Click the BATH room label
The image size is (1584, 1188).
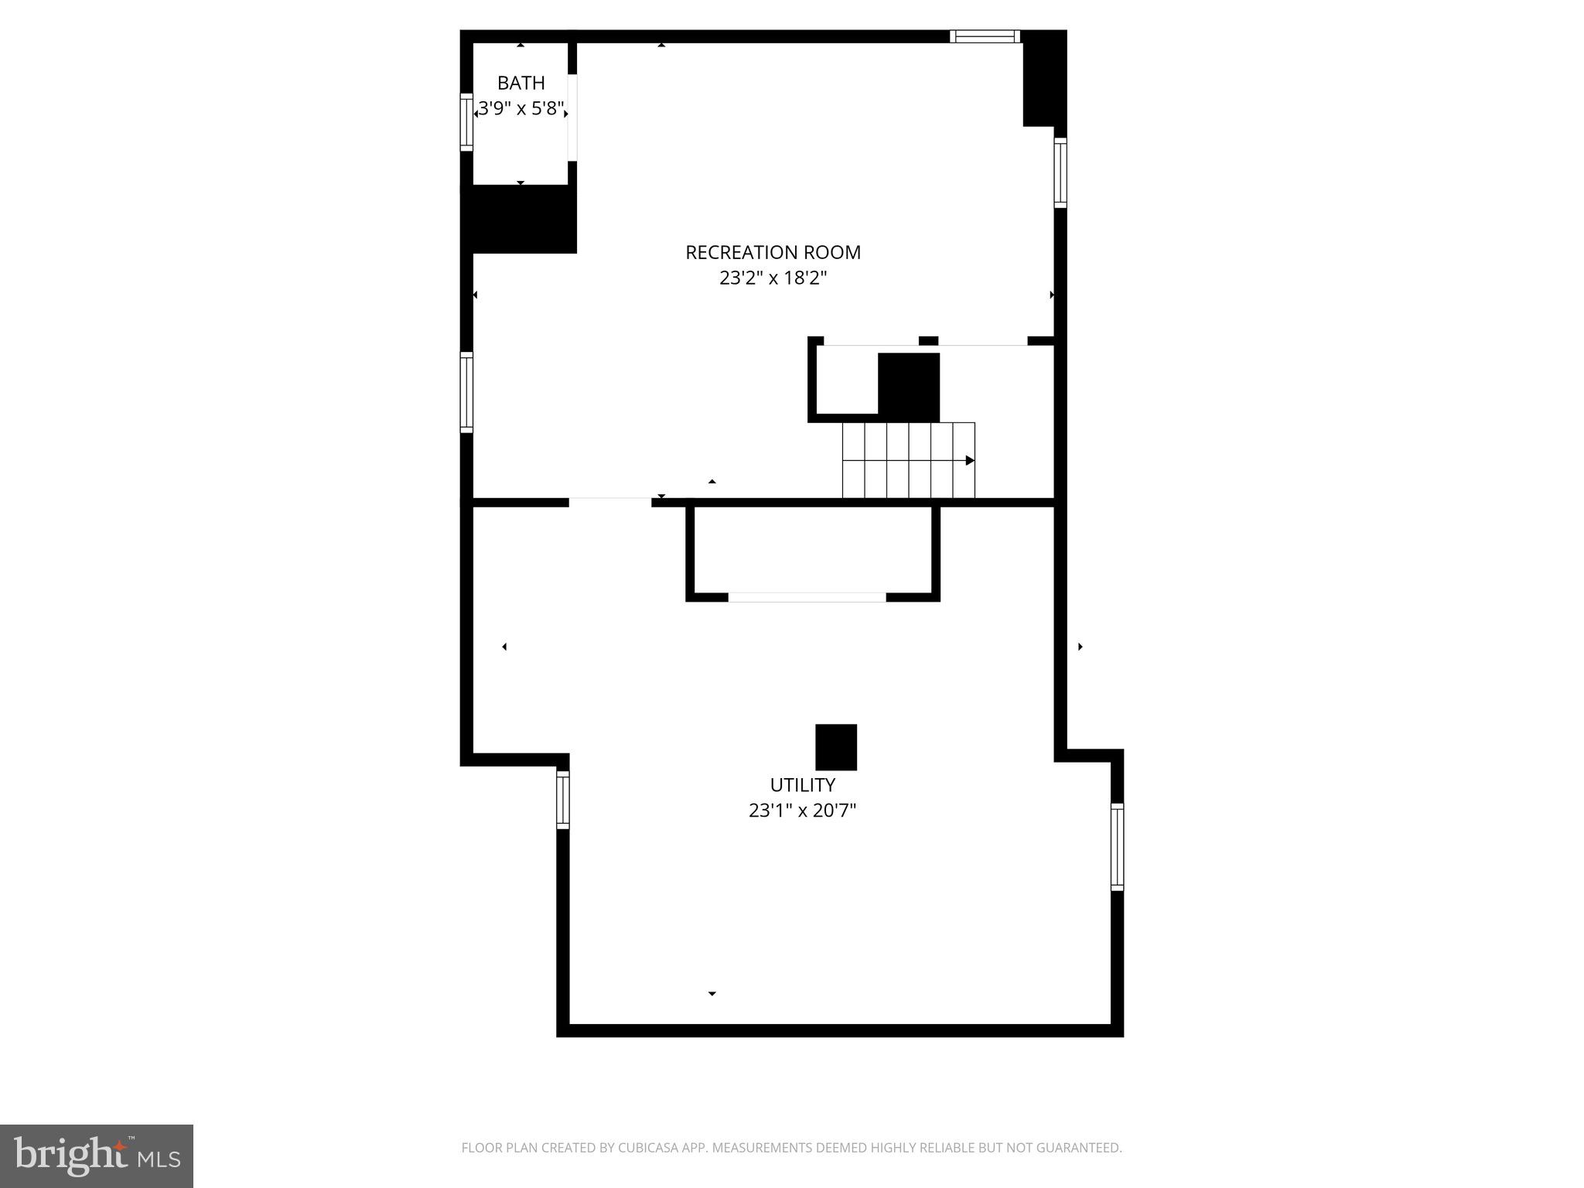click(521, 83)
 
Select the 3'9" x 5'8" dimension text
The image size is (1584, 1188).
click(521, 108)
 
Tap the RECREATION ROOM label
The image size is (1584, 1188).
click(773, 252)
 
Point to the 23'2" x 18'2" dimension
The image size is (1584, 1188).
click(773, 278)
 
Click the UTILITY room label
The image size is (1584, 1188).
click(802, 785)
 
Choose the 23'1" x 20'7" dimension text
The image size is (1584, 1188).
click(802, 811)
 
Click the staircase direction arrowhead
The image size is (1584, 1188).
click(970, 461)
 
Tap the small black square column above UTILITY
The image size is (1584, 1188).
click(836, 747)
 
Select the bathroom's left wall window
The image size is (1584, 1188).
click(466, 121)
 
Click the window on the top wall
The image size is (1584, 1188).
click(985, 36)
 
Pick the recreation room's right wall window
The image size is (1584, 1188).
click(1060, 172)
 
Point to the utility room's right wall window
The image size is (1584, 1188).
click(1117, 847)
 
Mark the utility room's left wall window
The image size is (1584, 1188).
click(563, 800)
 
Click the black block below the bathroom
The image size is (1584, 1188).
click(520, 219)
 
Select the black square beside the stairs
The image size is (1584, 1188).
click(909, 387)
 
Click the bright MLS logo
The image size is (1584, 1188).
click(97, 1156)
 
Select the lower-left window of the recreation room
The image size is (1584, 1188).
click(466, 392)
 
